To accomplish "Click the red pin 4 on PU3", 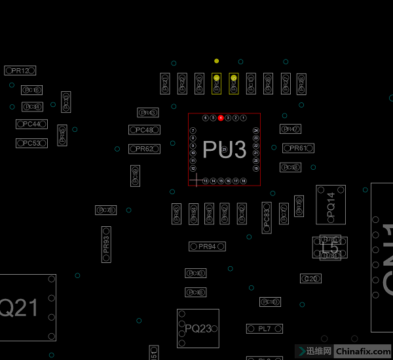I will pyautogui.click(x=221, y=118).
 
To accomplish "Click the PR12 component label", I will pyautogui.click(x=20, y=70).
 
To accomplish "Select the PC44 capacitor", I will pyautogui.click(x=31, y=124).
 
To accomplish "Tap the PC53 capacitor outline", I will pyautogui.click(x=31, y=143).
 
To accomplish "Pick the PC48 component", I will pyautogui.click(x=145, y=130).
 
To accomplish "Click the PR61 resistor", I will pyautogui.click(x=297, y=148).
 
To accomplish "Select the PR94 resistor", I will pyautogui.click(x=207, y=247).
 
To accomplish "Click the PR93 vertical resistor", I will pyautogui.click(x=106, y=245).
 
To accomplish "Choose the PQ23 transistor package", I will pyautogui.click(x=198, y=328).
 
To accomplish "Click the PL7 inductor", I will pyautogui.click(x=265, y=328).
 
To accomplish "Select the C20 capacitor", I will pyautogui.click(x=311, y=279).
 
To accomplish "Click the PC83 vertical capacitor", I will pyautogui.click(x=267, y=217).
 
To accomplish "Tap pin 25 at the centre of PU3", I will pyautogui.click(x=224, y=150).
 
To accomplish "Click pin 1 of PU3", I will pyautogui.click(x=244, y=118).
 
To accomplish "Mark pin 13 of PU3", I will pyautogui.click(x=206, y=180).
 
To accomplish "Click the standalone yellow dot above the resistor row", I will pyautogui.click(x=216, y=61).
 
